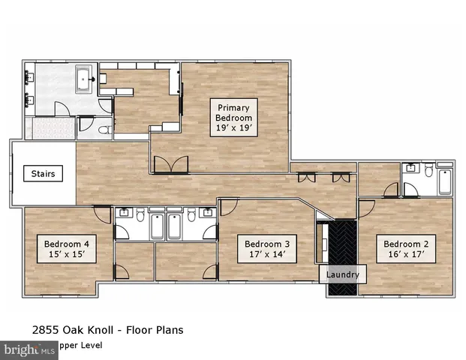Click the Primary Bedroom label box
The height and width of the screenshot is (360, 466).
pyautogui.click(x=234, y=117)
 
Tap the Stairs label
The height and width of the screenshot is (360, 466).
pyautogui.click(x=43, y=174)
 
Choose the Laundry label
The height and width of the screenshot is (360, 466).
pyautogui.click(x=342, y=275)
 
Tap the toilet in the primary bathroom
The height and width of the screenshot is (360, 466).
pyautogui.click(x=105, y=129)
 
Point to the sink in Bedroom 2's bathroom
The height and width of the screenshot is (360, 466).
pyautogui.click(x=410, y=169)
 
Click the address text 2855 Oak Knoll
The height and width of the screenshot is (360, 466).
pyautogui.click(x=76, y=330)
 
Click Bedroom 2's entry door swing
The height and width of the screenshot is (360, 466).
pyautogui.click(x=368, y=208)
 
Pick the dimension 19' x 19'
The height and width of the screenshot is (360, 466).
pyautogui.click(x=234, y=128)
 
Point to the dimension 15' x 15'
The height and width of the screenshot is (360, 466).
pyautogui.click(x=67, y=255)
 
